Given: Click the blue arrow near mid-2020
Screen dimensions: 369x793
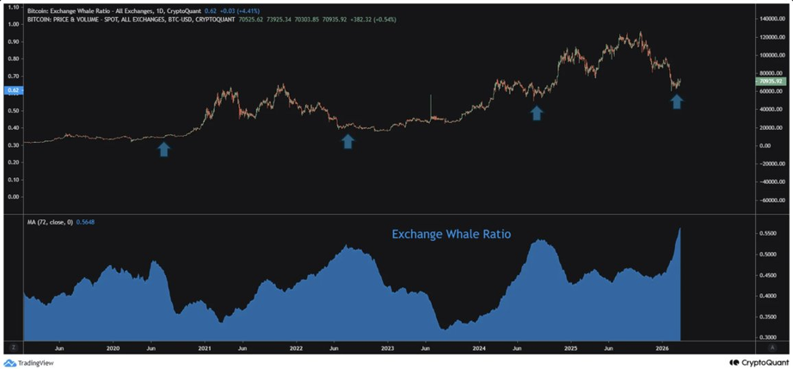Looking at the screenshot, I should [x=163, y=149].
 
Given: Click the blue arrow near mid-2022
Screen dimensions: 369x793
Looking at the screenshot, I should [x=347, y=140].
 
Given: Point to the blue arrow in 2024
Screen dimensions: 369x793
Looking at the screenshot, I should [x=537, y=112].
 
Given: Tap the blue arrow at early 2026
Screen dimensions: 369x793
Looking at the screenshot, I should [x=677, y=101].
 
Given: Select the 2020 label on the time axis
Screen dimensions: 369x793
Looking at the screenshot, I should [x=114, y=348].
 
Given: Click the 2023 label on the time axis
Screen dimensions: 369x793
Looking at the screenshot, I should [x=387, y=348].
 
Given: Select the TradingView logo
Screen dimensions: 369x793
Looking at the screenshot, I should [x=28, y=363].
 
